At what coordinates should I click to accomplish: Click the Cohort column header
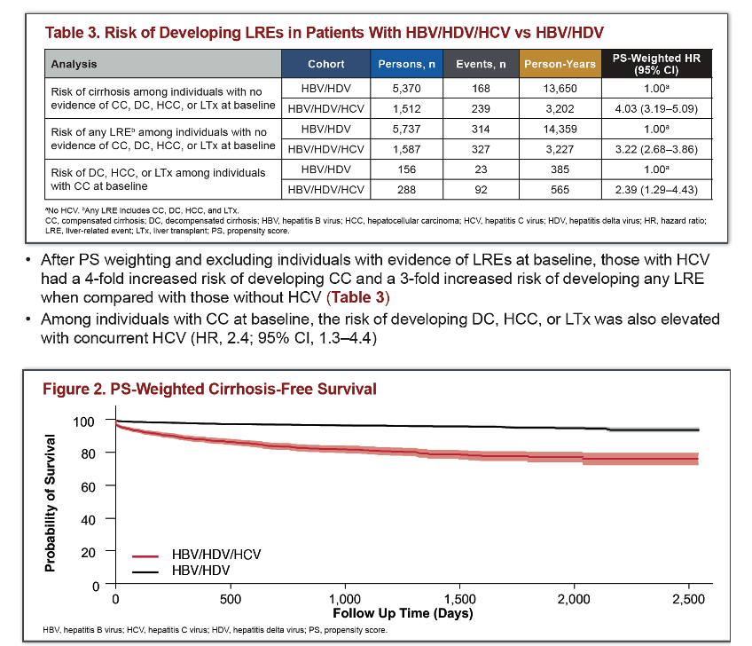click(x=325, y=64)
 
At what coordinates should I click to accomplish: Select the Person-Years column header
click(x=560, y=64)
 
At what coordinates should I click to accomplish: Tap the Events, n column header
click(x=481, y=64)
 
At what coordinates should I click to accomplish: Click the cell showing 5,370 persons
click(x=406, y=89)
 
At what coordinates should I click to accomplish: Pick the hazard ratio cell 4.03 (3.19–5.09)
click(x=656, y=108)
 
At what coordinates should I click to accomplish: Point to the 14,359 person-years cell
click(x=560, y=129)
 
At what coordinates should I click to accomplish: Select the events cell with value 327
click(x=481, y=149)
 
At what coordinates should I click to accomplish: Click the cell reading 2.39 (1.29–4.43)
click(x=656, y=190)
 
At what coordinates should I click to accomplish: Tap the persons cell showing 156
click(x=406, y=169)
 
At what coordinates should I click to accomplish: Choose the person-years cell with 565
click(x=560, y=190)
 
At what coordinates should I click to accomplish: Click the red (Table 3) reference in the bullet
click(x=357, y=297)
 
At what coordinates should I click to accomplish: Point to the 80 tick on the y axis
click(x=89, y=453)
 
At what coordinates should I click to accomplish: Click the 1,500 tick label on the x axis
click(x=459, y=599)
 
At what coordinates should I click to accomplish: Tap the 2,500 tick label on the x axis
click(x=689, y=599)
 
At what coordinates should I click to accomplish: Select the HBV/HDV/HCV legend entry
click(x=197, y=555)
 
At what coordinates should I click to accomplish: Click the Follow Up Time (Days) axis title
click(x=403, y=613)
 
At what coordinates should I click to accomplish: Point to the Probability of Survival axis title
click(x=50, y=503)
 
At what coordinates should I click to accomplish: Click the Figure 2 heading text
click(x=209, y=389)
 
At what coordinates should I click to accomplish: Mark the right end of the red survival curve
click(x=698, y=459)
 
